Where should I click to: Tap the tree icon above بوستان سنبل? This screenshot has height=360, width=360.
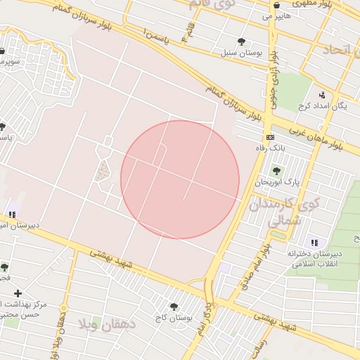click(x=242, y=41)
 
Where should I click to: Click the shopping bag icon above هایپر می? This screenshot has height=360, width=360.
click(x=267, y=4)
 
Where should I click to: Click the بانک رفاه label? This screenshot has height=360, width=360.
click(x=269, y=148)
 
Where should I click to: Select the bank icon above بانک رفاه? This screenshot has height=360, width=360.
click(x=269, y=137)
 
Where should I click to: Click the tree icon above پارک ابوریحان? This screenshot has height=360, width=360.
click(x=276, y=170)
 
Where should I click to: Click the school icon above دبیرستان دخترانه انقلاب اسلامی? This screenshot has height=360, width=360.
click(x=314, y=242)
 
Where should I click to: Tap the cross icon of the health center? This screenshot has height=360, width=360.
click(x=18, y=292)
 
